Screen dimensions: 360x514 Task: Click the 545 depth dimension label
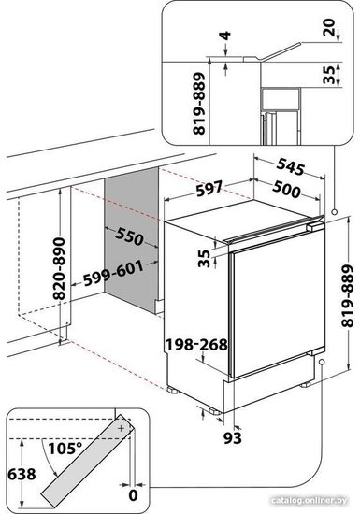tap(291, 167)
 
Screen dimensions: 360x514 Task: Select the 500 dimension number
tap(286, 190)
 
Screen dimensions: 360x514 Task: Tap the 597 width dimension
tap(209, 188)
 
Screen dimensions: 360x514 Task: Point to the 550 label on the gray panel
tap(130, 236)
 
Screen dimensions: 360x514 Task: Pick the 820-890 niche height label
tap(59, 269)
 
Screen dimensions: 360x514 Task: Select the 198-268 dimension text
tap(196, 345)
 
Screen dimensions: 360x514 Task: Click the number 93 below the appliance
tap(233, 438)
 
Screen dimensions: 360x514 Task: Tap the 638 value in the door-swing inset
tap(22, 475)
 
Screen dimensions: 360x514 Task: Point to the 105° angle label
tap(65, 449)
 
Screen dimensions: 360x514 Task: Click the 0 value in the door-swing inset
tap(133, 495)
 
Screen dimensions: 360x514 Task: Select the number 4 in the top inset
tap(226, 36)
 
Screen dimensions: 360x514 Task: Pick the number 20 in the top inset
tap(328, 27)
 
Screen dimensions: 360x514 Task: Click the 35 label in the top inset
tap(329, 75)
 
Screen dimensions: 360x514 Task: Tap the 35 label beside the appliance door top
tap(204, 258)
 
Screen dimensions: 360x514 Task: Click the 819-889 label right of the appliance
tap(348, 296)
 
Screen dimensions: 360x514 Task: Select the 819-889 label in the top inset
tap(199, 104)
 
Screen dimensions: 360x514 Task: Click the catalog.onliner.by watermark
tap(310, 500)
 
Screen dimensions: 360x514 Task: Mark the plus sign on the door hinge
tap(122, 428)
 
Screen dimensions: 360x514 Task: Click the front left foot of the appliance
tap(172, 390)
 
